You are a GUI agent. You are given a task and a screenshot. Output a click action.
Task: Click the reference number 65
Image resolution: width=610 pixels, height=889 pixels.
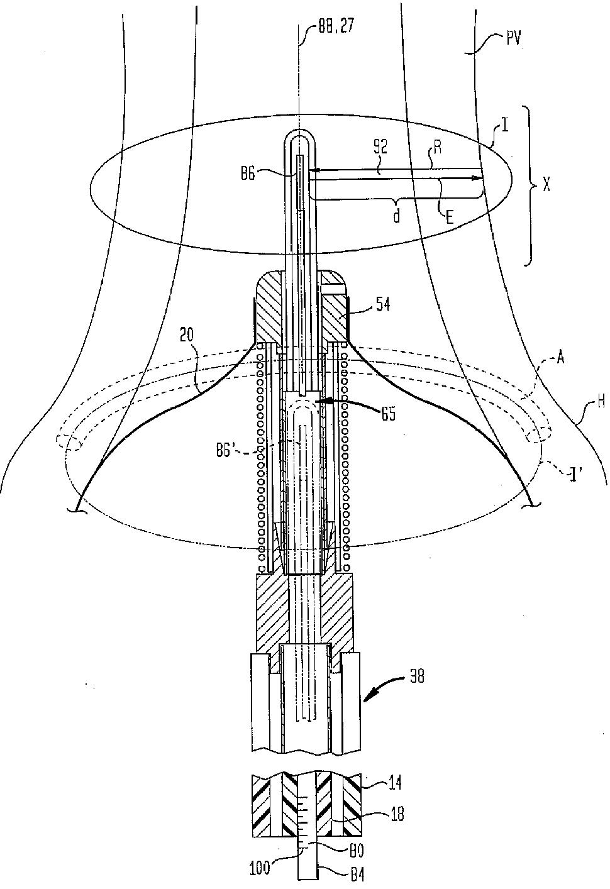[x=387, y=414]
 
